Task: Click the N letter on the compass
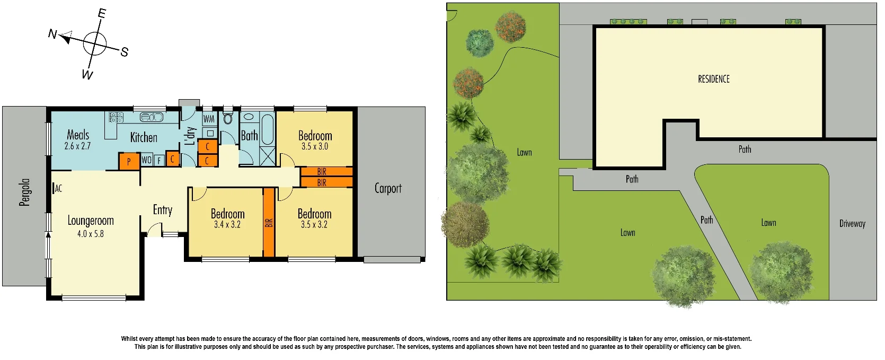52,34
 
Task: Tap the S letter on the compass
124,52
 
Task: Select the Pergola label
24,192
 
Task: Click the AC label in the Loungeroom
58,188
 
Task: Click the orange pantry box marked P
129,161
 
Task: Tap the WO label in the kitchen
147,160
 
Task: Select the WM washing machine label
209,119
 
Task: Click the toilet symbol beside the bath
228,118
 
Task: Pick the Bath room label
249,136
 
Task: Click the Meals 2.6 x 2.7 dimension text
78,146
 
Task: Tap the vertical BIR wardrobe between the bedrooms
269,223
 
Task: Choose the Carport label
388,188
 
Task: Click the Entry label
163,210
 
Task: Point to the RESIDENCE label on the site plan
713,79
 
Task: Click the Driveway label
852,224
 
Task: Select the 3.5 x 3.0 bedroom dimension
315,147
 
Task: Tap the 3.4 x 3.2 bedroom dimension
227,225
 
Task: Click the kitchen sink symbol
152,117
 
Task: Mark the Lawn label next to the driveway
768,223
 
